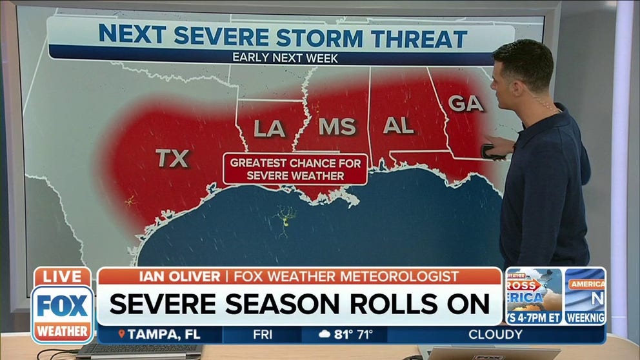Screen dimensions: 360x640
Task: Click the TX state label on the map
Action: click(x=172, y=158)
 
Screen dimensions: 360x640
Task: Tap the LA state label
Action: click(x=269, y=128)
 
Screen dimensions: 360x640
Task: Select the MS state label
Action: click(x=337, y=126)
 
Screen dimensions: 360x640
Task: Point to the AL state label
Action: click(x=398, y=125)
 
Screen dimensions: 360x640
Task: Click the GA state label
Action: click(x=465, y=103)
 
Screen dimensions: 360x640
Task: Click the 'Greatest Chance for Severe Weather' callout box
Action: click(x=295, y=170)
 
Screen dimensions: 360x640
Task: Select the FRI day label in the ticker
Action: click(x=262, y=334)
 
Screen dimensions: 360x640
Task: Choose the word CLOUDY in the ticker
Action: click(x=495, y=334)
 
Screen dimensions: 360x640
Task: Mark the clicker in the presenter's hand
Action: click(x=489, y=152)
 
